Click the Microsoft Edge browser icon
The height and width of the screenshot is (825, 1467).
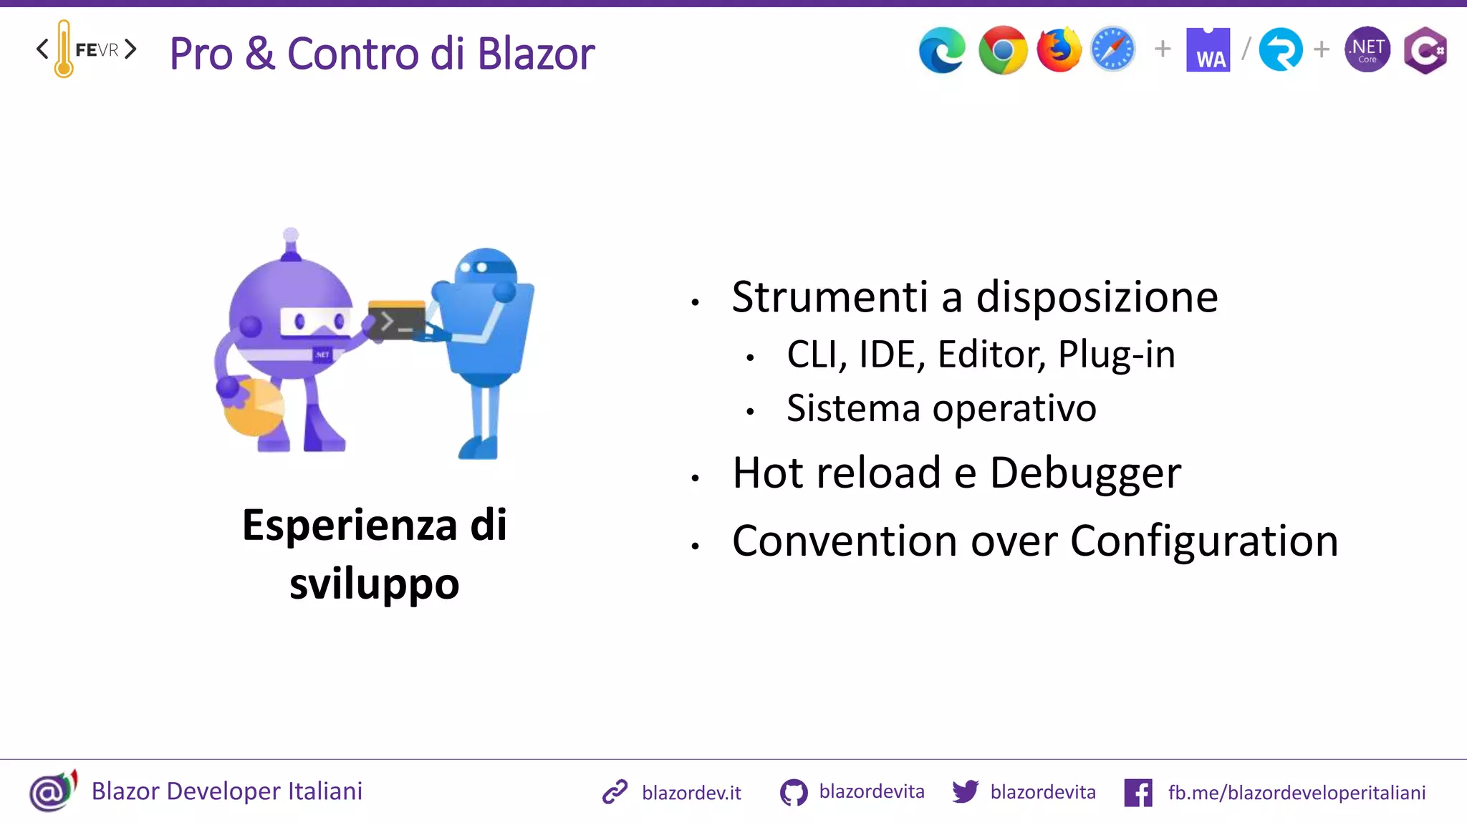[942, 50]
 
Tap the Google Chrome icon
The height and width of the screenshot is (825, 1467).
[1002, 50]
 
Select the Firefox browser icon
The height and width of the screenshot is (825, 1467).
[1059, 50]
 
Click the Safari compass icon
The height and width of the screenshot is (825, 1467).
[1112, 50]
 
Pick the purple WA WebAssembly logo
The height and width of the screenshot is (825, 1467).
[1208, 50]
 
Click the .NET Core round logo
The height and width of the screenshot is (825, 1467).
[1367, 50]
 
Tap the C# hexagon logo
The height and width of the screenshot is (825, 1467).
[1425, 50]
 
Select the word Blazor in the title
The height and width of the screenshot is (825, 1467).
[536, 54]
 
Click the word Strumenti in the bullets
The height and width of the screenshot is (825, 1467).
[829, 296]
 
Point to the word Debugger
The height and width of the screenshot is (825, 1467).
[1084, 473]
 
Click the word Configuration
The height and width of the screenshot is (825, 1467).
[1203, 541]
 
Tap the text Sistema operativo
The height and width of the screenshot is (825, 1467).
[941, 408]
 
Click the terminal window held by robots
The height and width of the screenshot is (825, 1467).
[396, 320]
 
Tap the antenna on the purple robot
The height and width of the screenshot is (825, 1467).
[291, 243]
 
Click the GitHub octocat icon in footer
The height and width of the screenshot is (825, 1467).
[793, 793]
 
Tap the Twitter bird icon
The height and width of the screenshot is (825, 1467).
[965, 791]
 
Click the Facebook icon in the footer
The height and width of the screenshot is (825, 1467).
[1138, 793]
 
